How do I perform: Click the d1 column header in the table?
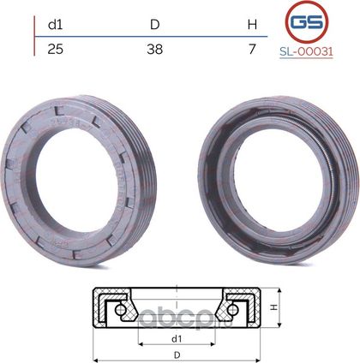(56, 25)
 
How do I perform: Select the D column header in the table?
(155, 25)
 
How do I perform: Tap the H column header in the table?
(252, 25)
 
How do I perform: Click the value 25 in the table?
(56, 50)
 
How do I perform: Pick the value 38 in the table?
(155, 50)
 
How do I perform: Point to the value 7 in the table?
(252, 50)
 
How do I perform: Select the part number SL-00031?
(306, 51)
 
